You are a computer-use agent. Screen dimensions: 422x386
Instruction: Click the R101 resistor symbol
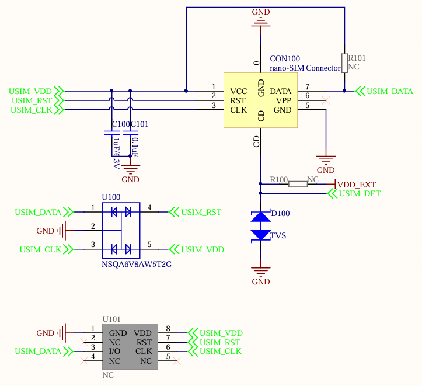344,63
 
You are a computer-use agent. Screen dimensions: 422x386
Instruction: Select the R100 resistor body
298,184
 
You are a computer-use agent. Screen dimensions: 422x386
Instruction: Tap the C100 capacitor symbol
111,133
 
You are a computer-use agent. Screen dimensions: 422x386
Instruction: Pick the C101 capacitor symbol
130,133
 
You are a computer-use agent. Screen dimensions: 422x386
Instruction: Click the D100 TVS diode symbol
260,226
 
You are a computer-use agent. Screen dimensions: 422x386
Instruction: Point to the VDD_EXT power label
356,185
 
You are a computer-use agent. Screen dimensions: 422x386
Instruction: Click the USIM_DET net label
360,193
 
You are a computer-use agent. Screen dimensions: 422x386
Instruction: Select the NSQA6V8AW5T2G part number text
137,265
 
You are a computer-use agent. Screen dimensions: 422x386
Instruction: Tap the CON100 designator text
285,58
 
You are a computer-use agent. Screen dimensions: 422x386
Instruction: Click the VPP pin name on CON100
284,100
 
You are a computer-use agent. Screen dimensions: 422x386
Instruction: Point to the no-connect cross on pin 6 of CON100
326,100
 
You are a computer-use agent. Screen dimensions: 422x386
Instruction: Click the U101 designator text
111,319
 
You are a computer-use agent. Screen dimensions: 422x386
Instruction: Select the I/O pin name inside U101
114,352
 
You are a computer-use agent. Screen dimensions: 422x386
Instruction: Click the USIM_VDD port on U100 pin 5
197,249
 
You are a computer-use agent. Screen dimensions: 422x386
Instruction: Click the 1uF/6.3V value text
116,154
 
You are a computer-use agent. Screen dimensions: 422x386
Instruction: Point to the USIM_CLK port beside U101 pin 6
214,352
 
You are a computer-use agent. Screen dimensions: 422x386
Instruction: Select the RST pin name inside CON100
238,100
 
